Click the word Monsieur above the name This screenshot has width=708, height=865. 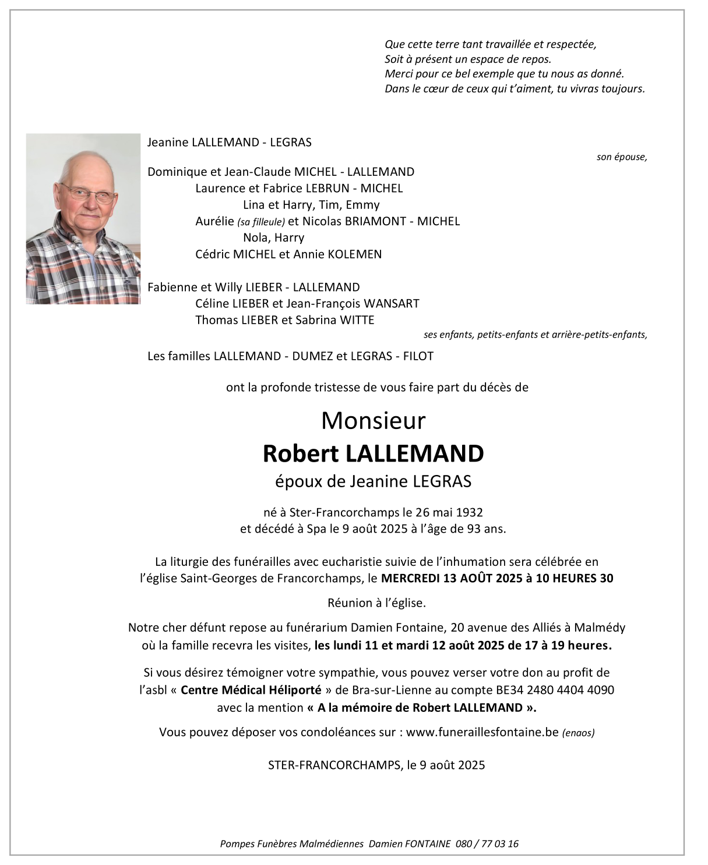(373, 421)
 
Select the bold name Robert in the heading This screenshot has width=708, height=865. (301, 454)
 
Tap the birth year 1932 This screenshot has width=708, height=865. (469, 512)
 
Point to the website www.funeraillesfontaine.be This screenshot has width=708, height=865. (482, 732)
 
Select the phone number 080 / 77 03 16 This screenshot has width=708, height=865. (487, 843)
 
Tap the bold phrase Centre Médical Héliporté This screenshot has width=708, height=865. (251, 690)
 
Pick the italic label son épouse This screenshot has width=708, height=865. (621, 157)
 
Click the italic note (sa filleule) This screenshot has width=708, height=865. (261, 222)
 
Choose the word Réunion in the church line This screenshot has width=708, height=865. (348, 603)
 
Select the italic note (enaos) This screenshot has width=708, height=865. (579, 733)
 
